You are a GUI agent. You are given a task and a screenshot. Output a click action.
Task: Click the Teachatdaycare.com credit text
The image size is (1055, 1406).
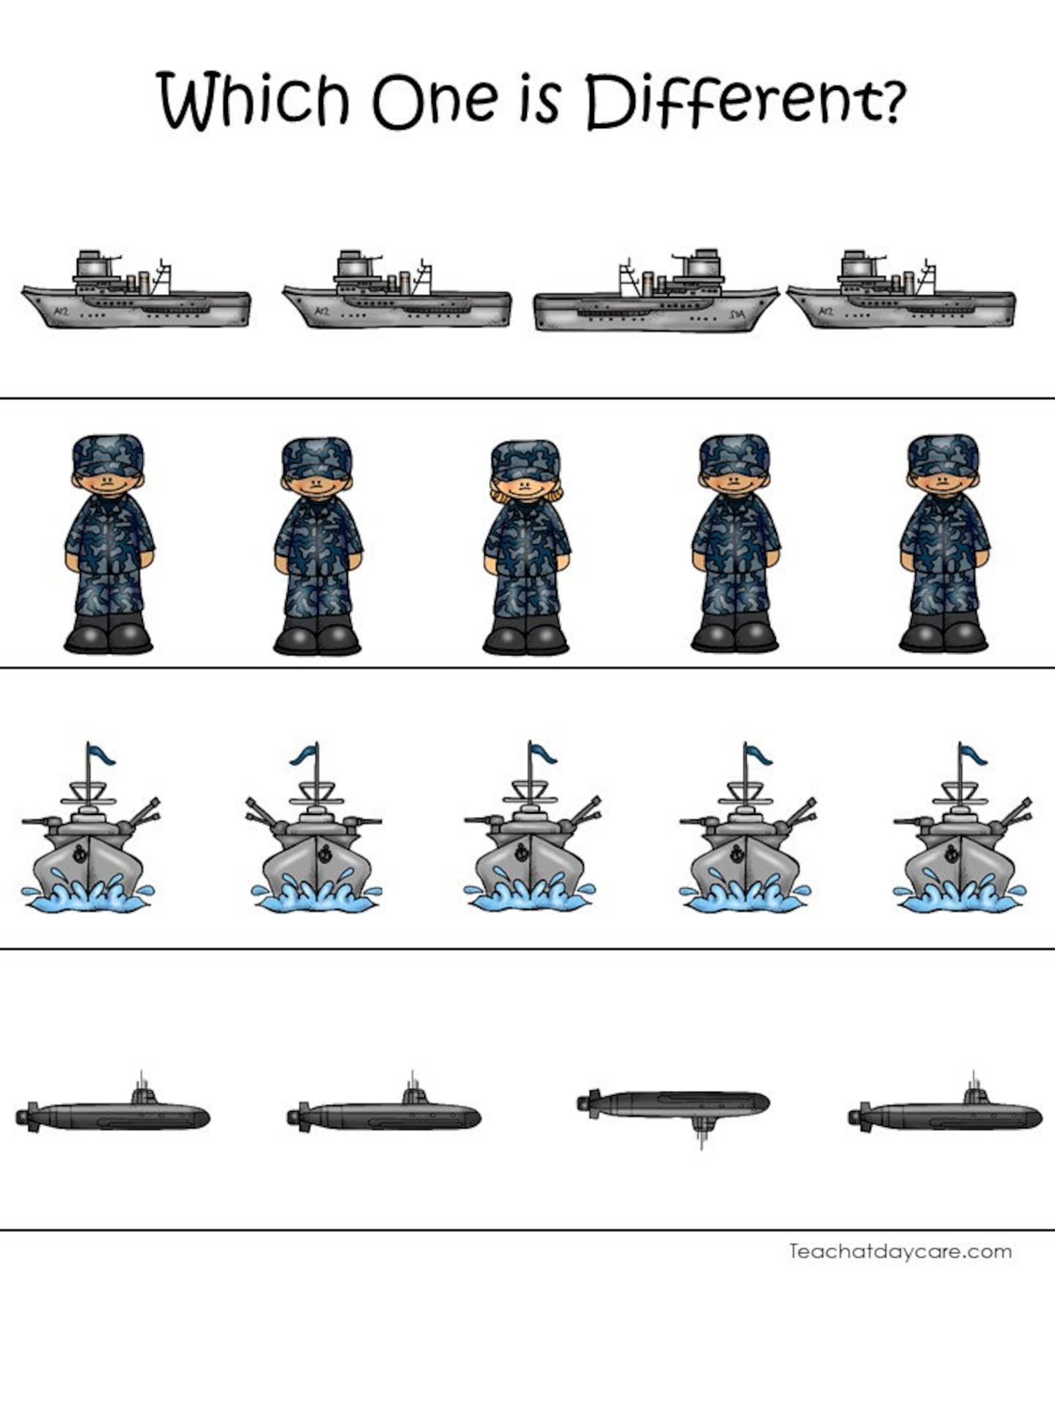(x=900, y=1252)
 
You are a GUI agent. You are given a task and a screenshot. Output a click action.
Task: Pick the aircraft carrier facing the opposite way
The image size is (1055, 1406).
(x=656, y=292)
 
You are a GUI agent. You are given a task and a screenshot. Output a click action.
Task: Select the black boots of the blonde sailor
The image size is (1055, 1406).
(x=526, y=638)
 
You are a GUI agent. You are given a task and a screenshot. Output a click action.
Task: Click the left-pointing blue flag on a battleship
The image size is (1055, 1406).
(x=303, y=755)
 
